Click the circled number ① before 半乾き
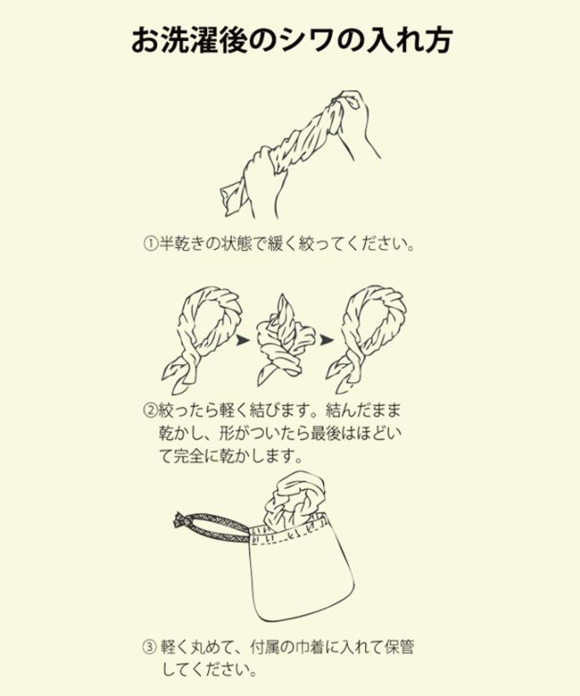[149, 244]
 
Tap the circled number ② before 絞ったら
[149, 411]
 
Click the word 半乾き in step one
[182, 244]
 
